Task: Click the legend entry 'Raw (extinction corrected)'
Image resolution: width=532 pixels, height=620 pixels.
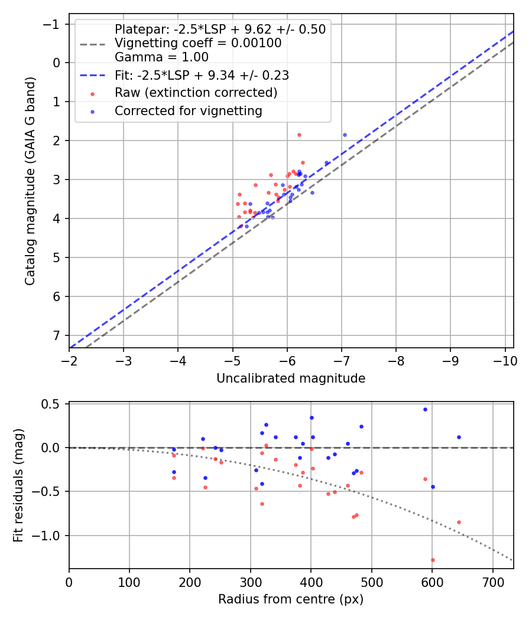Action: click(196, 93)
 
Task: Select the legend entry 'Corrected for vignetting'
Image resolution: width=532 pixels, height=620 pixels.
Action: click(189, 110)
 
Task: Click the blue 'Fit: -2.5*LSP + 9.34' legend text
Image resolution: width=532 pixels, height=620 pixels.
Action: click(202, 75)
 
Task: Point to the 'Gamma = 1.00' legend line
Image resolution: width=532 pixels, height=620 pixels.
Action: click(161, 57)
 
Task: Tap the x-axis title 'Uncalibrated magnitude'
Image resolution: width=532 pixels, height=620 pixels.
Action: click(291, 378)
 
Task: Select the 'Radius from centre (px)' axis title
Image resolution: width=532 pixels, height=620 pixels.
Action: click(291, 599)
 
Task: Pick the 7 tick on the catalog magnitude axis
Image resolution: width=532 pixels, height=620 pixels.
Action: click(57, 335)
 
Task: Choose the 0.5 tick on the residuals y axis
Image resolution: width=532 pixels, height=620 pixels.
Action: click(53, 404)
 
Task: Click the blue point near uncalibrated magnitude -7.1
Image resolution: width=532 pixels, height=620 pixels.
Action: click(345, 135)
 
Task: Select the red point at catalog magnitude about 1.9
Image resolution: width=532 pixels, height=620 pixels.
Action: click(299, 135)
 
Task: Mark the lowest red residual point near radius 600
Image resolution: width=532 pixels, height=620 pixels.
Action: click(433, 560)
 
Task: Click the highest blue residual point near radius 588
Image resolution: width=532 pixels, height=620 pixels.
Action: click(425, 409)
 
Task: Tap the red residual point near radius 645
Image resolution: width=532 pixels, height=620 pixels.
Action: click(459, 522)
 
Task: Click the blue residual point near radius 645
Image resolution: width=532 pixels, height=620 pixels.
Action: click(459, 437)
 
